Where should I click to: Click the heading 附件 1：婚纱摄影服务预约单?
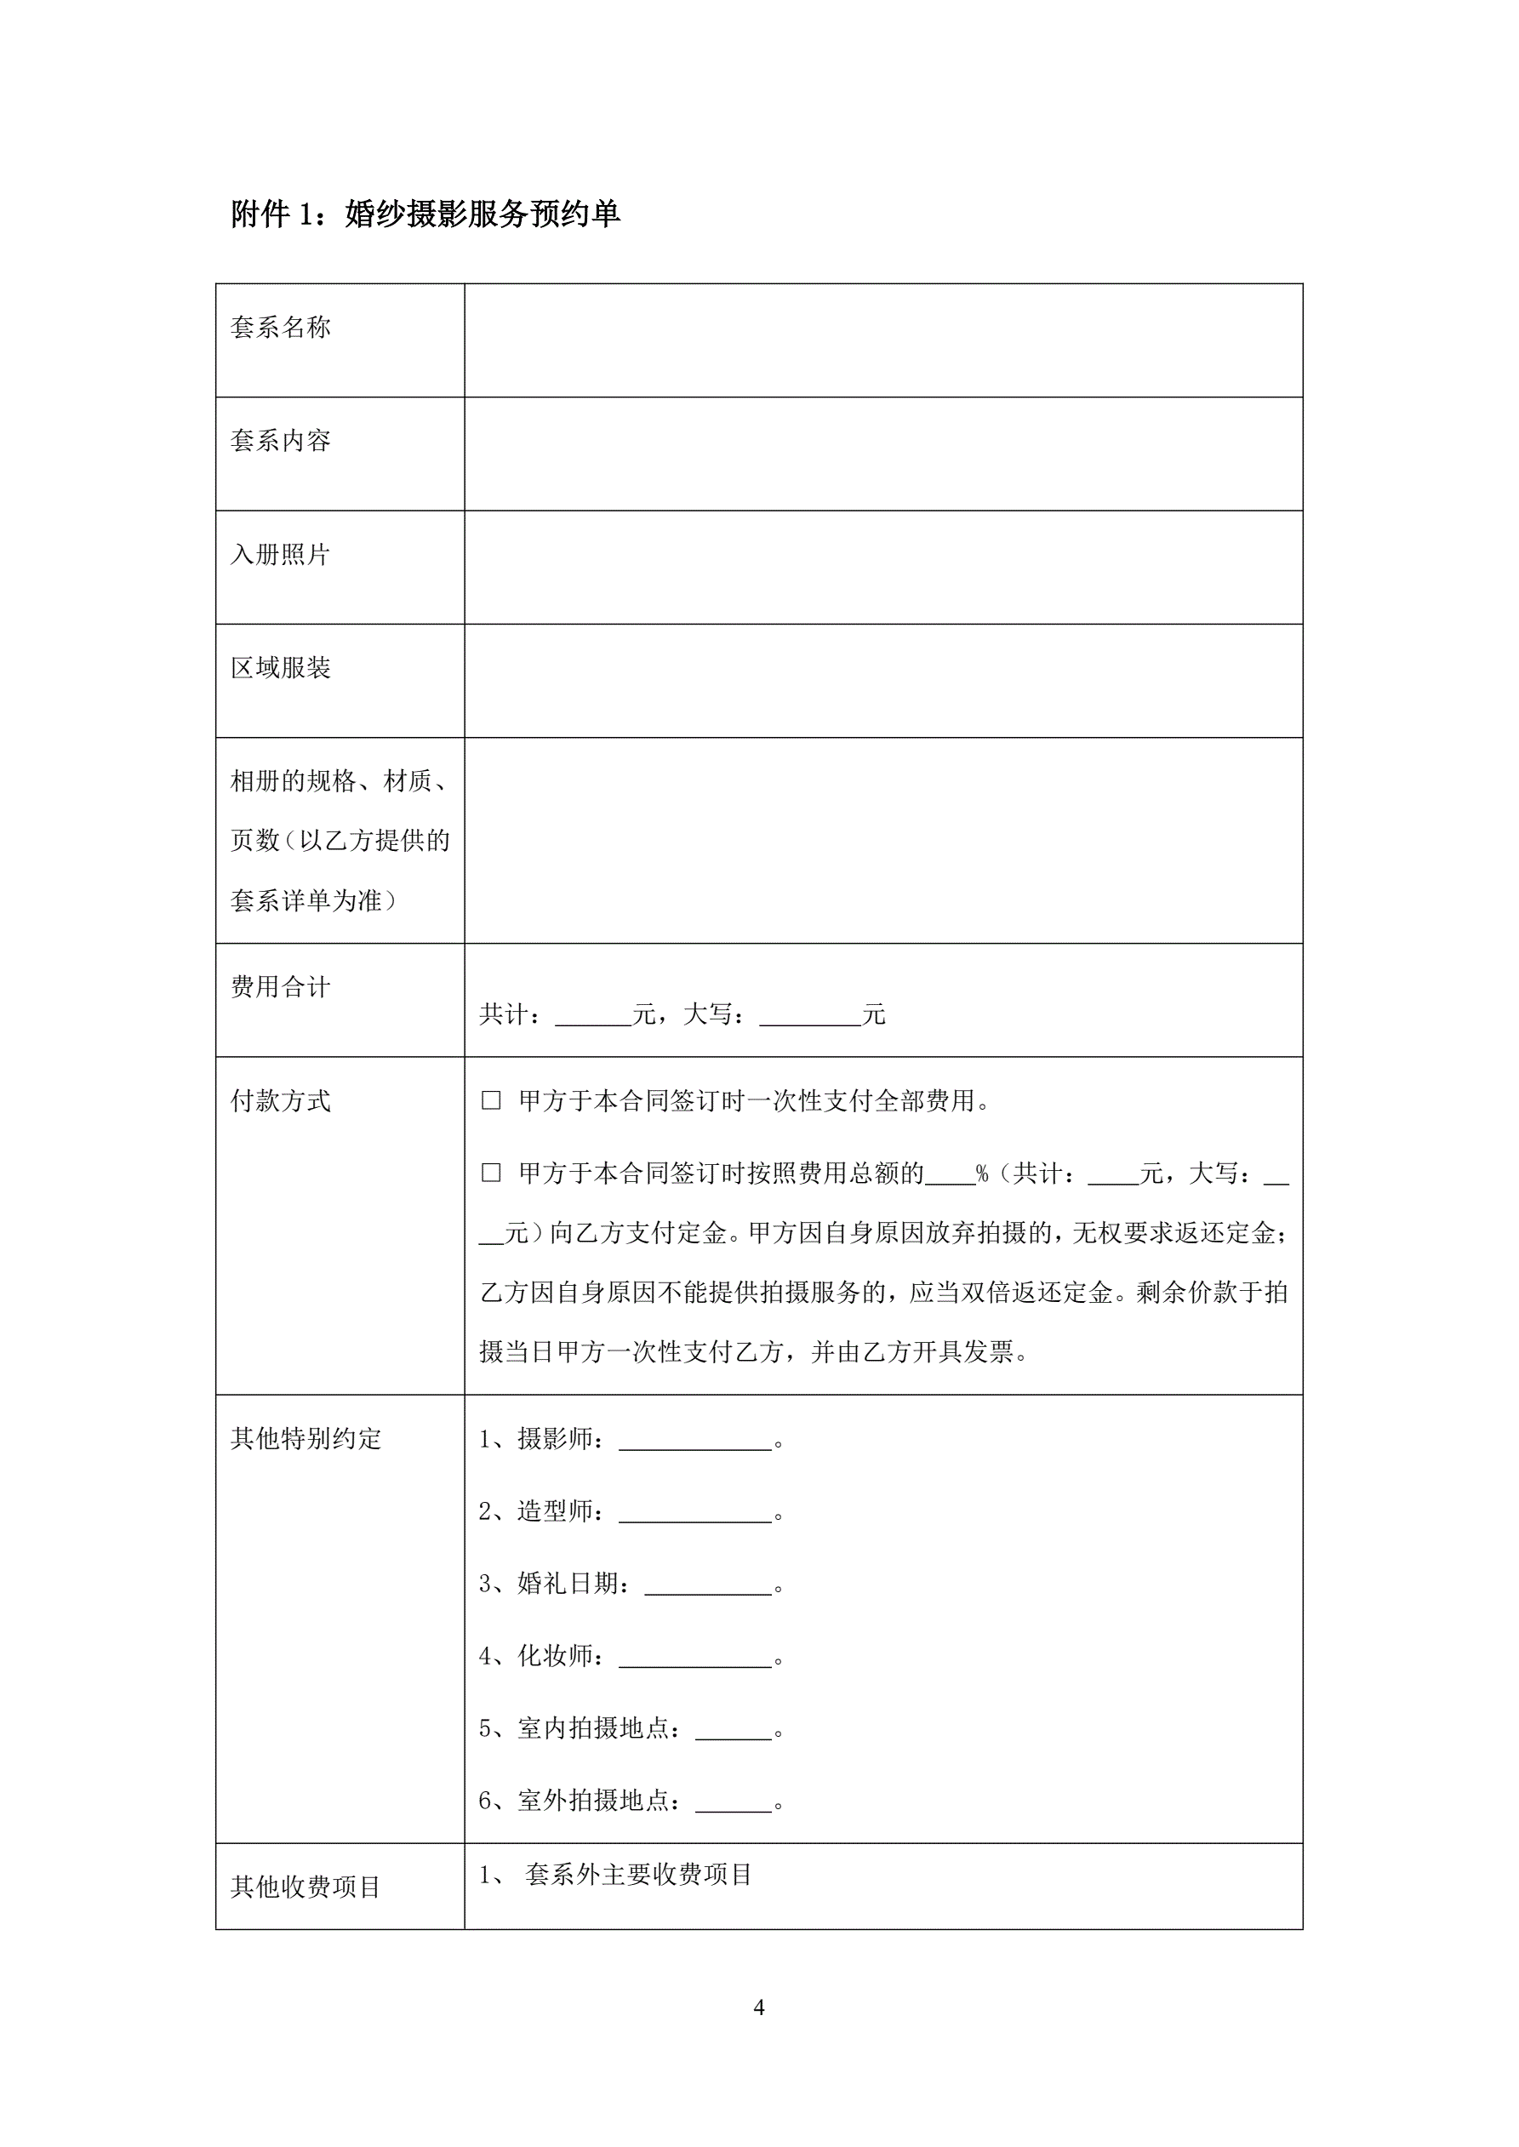pos(425,214)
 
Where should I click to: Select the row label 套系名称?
pos(281,328)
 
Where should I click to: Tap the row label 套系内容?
pos(281,441)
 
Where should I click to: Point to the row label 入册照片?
pos(281,555)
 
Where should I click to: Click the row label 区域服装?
pos(281,668)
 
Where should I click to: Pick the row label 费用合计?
pos(281,986)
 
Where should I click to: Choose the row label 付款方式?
pos(281,1100)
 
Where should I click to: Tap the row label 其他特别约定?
pos(306,1438)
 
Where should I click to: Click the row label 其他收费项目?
pos(306,1887)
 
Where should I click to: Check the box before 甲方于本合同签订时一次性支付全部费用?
pos(491,1100)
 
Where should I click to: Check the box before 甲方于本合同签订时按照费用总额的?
pos(491,1173)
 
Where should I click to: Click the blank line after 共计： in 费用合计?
pos(593,1018)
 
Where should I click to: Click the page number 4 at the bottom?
pos(758,2007)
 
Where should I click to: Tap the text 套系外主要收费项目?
pos(639,1875)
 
